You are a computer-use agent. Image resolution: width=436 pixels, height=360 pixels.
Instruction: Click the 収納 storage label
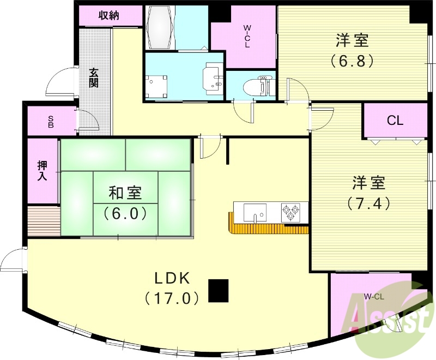pos(108,15)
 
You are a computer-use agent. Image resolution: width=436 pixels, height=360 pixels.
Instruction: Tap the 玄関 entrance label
pos(94,77)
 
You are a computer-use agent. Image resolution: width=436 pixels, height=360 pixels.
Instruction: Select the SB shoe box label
pos(51,121)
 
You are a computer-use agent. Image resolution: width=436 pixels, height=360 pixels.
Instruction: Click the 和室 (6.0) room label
pos(125,202)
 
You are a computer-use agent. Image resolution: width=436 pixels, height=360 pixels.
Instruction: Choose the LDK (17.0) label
pos(172,287)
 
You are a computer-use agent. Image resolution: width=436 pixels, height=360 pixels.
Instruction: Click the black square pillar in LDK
pos(219,290)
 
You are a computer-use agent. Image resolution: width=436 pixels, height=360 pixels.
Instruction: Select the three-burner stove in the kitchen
pos(290,212)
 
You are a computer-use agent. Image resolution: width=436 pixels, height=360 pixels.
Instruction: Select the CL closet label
pos(395,121)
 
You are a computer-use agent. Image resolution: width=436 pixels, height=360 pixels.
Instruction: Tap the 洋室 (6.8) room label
pos(352,50)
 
